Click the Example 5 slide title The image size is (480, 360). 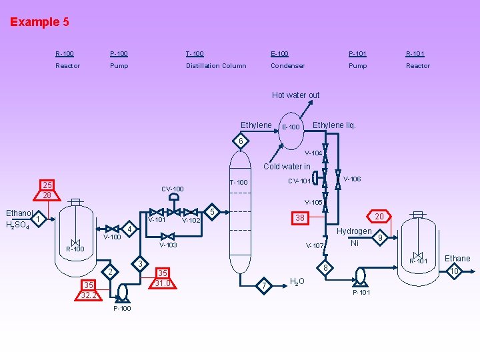(x=39, y=22)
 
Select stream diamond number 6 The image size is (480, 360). (x=241, y=141)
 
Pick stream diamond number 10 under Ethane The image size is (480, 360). (x=454, y=271)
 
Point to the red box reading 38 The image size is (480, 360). (x=300, y=218)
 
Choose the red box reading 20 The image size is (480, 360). (x=379, y=216)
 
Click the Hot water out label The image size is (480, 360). (x=295, y=95)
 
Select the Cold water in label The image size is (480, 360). (x=287, y=167)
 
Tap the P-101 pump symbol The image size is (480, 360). (x=361, y=276)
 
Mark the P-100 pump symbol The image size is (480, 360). (x=122, y=291)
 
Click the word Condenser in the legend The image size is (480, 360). (x=287, y=66)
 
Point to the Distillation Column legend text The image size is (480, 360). (x=215, y=66)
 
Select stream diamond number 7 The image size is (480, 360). (x=265, y=286)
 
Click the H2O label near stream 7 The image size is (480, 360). (x=297, y=281)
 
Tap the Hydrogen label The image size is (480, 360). (x=354, y=231)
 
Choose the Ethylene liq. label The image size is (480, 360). (x=334, y=125)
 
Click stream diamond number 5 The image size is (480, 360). (x=212, y=212)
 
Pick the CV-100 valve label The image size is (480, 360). (x=172, y=189)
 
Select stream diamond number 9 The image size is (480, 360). (x=380, y=237)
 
